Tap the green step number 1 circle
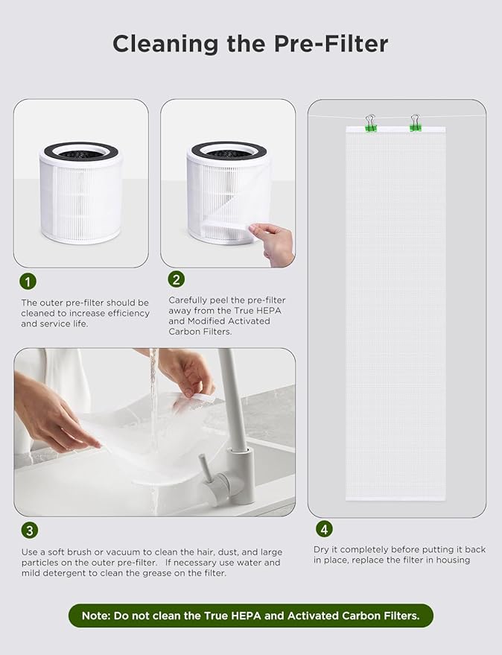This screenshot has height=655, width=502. pos(28,282)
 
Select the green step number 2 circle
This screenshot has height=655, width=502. pos(177,279)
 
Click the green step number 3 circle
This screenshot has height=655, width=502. pos(28,531)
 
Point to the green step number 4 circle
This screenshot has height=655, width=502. pos(323,529)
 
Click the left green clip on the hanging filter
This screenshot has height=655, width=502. pos(370,124)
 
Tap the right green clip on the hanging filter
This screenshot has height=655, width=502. pos(415,124)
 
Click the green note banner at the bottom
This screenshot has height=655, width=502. pos(250,615)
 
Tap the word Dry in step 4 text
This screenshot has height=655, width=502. pos(322,549)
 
